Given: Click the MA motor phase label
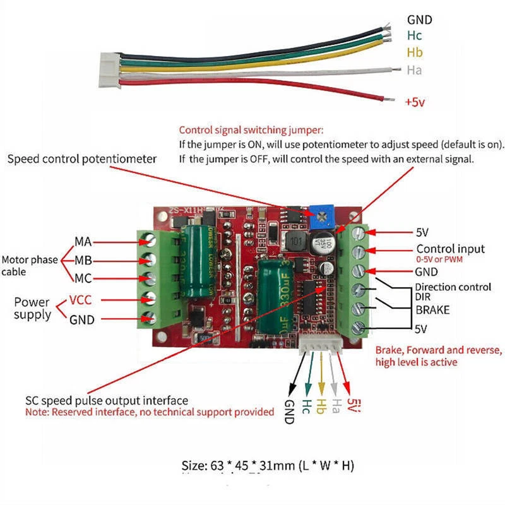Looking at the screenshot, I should click(84, 241).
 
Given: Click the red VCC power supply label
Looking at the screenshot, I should click(82, 300).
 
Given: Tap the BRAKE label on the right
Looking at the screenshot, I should click(432, 311).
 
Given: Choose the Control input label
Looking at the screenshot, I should click(450, 248).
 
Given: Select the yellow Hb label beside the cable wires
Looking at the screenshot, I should click(415, 52).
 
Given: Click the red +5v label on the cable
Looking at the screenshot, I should click(416, 101).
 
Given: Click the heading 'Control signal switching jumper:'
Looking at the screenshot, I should click(251, 130).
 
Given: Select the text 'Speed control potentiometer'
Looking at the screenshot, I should click(81, 159).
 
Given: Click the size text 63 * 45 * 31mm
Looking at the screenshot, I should click(268, 466).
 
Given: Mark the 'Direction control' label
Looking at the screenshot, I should click(453, 287).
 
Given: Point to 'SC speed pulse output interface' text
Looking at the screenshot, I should click(107, 400).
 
